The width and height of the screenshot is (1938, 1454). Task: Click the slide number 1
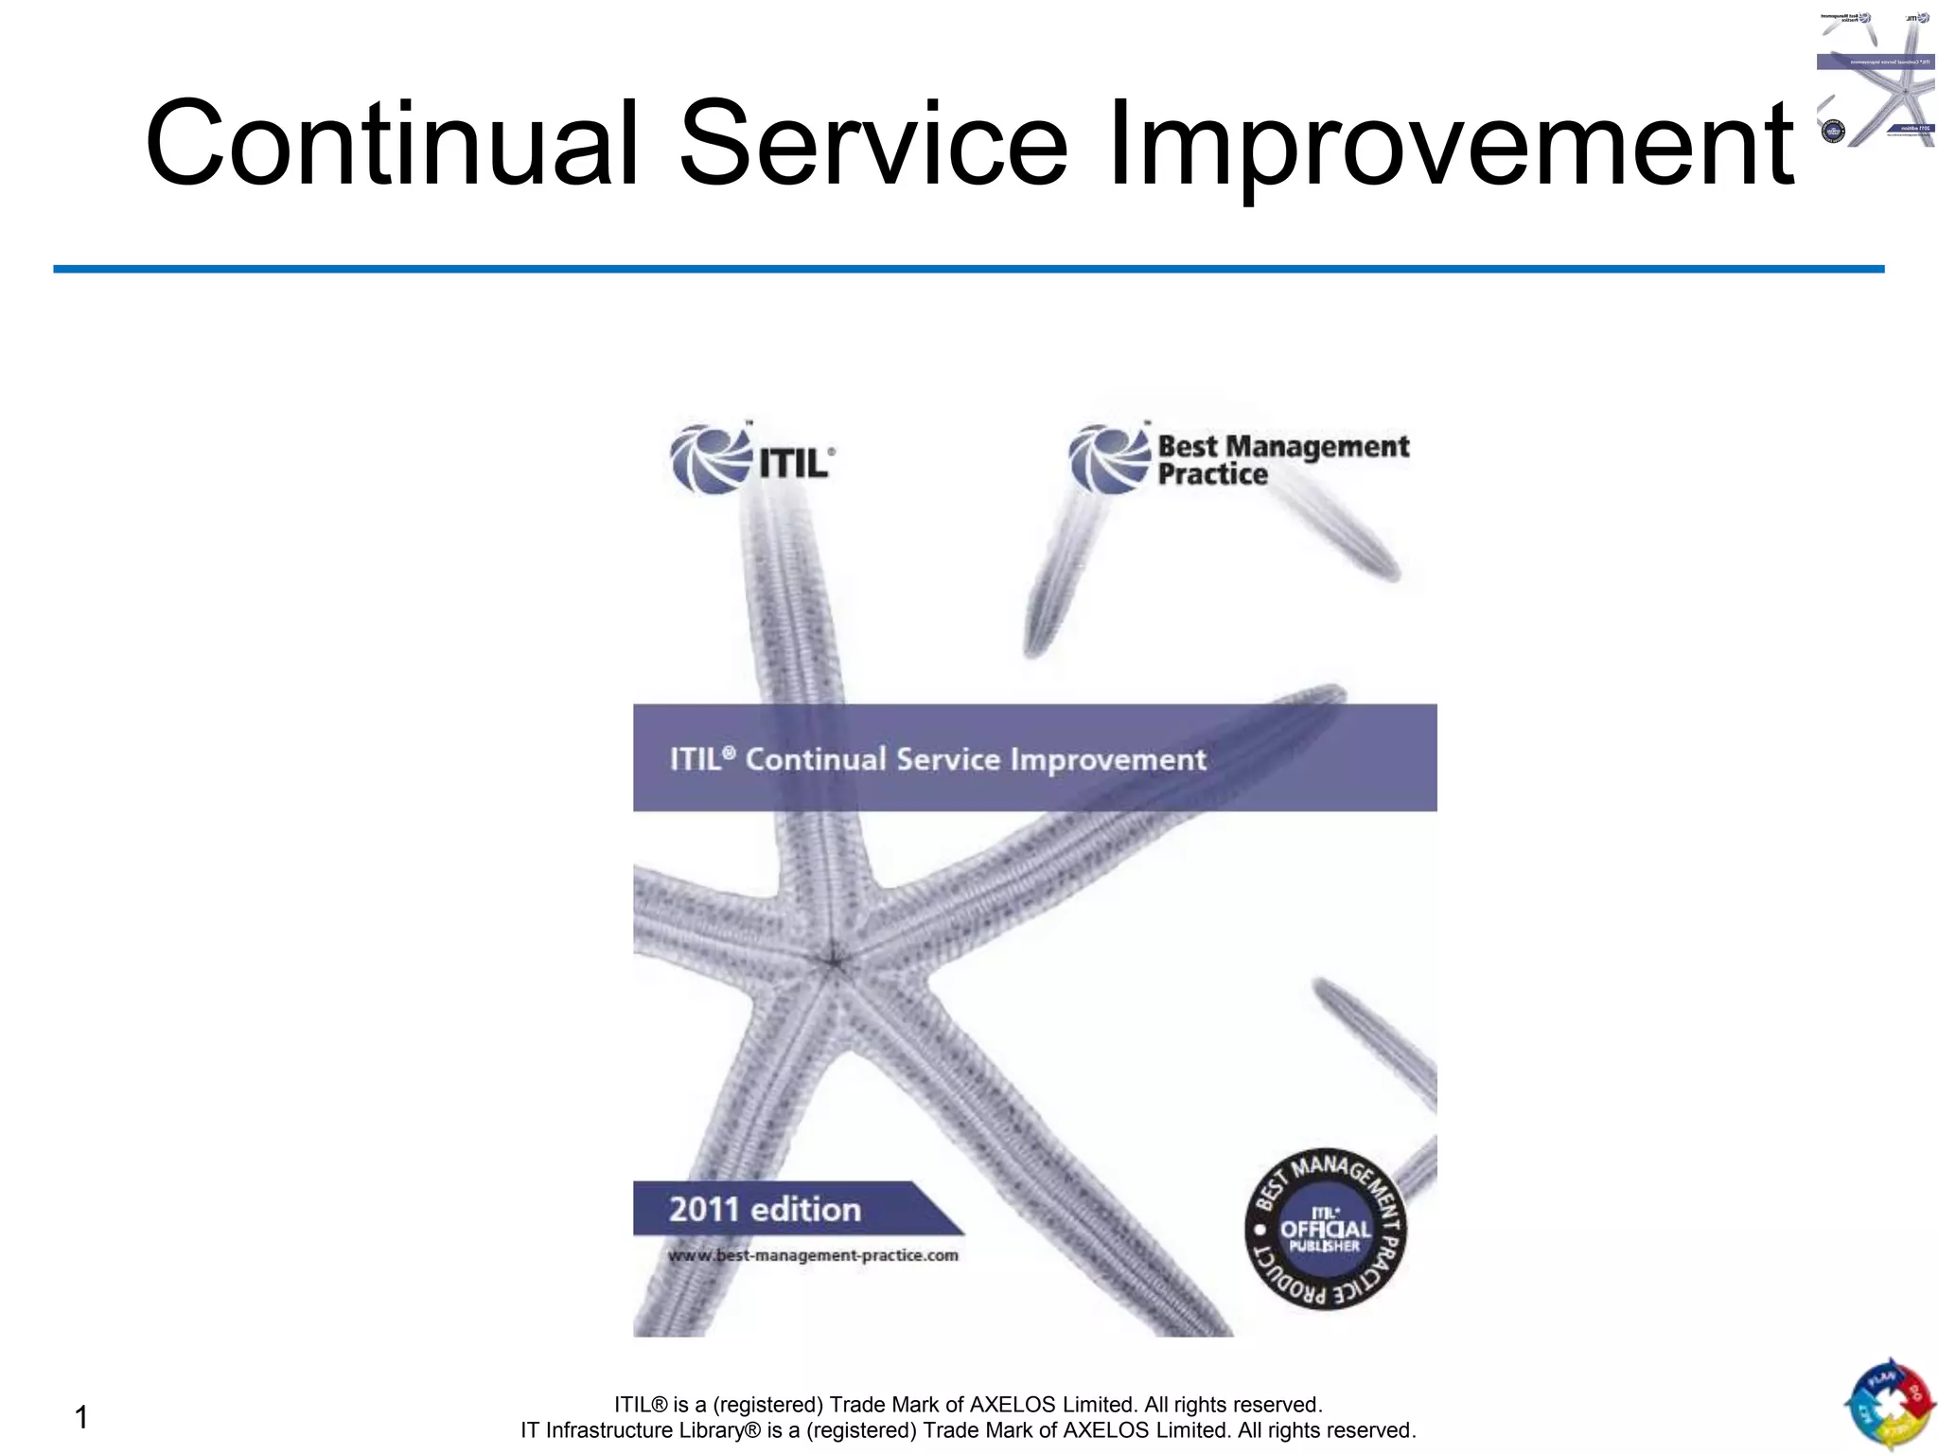tap(81, 1417)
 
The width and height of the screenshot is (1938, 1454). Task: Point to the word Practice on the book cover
tap(1212, 474)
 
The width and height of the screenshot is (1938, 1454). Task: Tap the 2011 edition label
tap(765, 1210)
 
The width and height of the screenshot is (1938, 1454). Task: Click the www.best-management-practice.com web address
tap(813, 1255)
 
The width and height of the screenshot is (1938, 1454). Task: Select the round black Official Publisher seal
tap(1325, 1231)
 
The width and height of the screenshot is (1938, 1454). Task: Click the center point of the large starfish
tap(834, 963)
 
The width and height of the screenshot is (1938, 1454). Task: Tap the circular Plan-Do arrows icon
tap(1889, 1407)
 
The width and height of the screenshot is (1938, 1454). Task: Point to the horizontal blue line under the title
tap(969, 269)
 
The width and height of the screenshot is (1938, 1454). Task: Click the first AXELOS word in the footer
tap(1013, 1405)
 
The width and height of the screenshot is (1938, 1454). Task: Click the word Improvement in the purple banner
tap(1108, 759)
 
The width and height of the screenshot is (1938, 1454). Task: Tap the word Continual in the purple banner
tap(815, 759)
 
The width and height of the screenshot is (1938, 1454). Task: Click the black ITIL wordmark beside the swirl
tap(793, 464)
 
